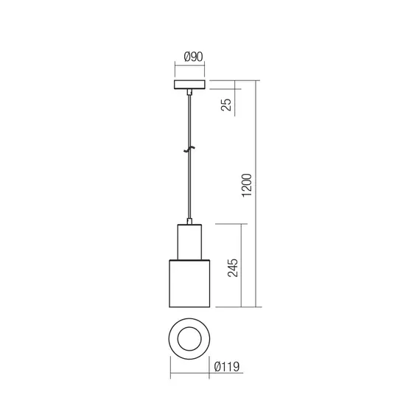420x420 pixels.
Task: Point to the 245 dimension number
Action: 233,266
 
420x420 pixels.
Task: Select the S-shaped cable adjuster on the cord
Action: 190,150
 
